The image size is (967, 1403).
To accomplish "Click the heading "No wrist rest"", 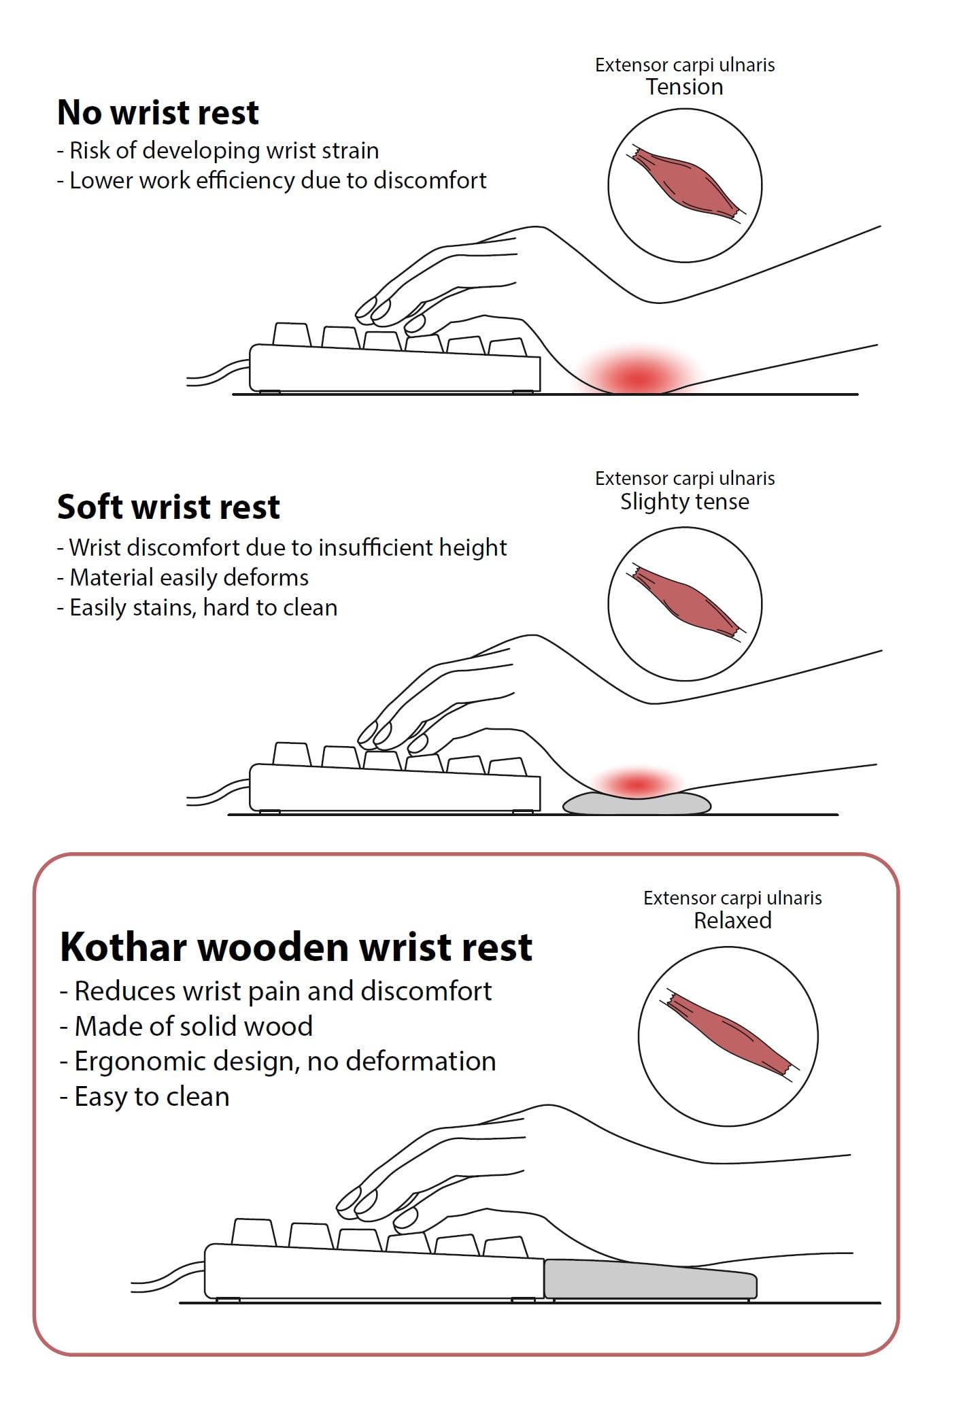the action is (158, 112).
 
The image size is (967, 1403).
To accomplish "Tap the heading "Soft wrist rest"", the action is (169, 507).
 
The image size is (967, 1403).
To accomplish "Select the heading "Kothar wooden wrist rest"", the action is (296, 947).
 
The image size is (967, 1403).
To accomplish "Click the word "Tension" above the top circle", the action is (684, 87).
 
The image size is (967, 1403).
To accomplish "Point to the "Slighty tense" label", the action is (685, 502).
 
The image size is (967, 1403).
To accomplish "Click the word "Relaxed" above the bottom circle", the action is (732, 921).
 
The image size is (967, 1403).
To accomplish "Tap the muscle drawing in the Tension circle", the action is (685, 182).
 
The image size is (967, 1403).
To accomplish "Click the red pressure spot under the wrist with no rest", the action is (637, 375).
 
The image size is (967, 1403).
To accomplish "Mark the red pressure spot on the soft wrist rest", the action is (637, 783).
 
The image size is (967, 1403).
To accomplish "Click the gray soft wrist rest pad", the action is (637, 804).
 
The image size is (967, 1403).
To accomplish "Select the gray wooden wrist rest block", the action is (650, 1278).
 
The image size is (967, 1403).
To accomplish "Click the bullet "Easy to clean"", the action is (144, 1096).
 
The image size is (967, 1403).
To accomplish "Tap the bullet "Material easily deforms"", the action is (182, 577).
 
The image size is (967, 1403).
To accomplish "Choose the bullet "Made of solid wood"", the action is (186, 1026).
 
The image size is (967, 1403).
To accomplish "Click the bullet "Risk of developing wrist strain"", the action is (218, 150).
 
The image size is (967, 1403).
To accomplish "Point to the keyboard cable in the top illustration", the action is (218, 373).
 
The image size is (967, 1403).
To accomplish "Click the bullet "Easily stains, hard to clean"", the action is (197, 607).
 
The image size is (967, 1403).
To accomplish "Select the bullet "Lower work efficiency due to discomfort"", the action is (272, 180).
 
